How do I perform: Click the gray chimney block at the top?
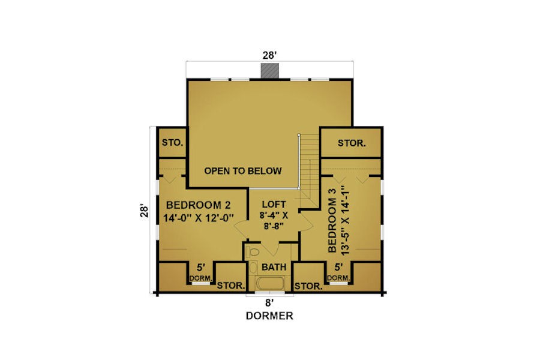(x=269, y=71)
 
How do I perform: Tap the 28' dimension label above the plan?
(x=269, y=55)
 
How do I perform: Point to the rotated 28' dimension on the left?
(x=145, y=211)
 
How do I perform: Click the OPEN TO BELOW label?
(x=243, y=171)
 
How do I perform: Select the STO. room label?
(x=173, y=142)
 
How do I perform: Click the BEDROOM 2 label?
(x=199, y=205)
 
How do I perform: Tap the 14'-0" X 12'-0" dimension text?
(x=199, y=218)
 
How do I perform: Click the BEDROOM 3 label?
(x=332, y=226)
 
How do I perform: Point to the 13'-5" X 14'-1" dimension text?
(x=345, y=220)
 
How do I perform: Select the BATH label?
(x=274, y=267)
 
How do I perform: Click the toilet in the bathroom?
(x=252, y=252)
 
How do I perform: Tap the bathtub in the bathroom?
(x=271, y=284)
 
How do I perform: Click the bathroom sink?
(x=253, y=268)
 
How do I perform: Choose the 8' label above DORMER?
(x=269, y=303)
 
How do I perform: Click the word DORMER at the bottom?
(x=269, y=316)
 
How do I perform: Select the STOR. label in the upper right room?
(x=352, y=143)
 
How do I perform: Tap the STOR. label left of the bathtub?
(x=231, y=286)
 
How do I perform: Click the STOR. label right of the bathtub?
(x=308, y=286)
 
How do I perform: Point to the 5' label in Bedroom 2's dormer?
(x=201, y=268)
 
